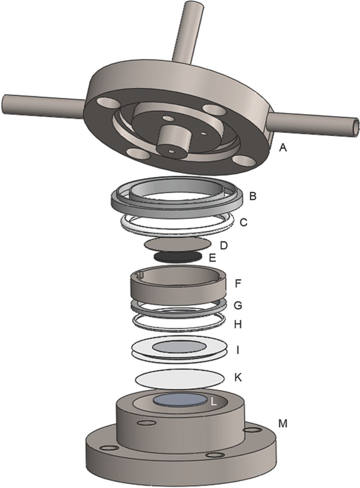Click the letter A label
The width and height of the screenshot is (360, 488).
click(x=283, y=148)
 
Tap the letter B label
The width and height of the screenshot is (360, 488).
click(x=252, y=196)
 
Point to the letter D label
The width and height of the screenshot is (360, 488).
click(x=224, y=245)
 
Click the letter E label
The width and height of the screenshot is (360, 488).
click(x=212, y=258)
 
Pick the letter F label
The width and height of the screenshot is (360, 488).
click(x=238, y=284)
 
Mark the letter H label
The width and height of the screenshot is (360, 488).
click(x=238, y=325)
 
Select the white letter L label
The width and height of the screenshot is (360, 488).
click(x=214, y=402)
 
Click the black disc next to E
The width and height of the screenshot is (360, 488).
click(x=178, y=257)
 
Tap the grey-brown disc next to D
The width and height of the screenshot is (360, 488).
click(x=178, y=244)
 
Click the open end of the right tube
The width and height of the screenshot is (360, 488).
click(x=356, y=126)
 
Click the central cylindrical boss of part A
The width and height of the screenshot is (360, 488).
click(x=171, y=141)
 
